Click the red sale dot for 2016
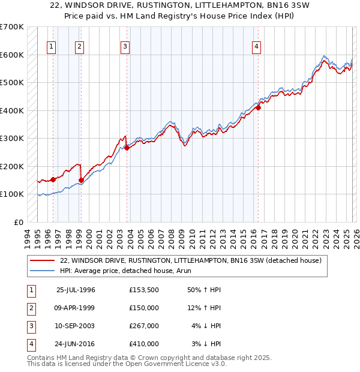pyautogui.click(x=259, y=108)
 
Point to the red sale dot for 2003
pyautogui.click(x=127, y=148)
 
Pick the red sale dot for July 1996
pyautogui.click(x=53, y=179)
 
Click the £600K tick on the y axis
pyautogui.click(x=12, y=55)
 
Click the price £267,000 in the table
pyautogui.click(x=143, y=326)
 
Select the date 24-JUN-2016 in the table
pyautogui.click(x=76, y=344)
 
